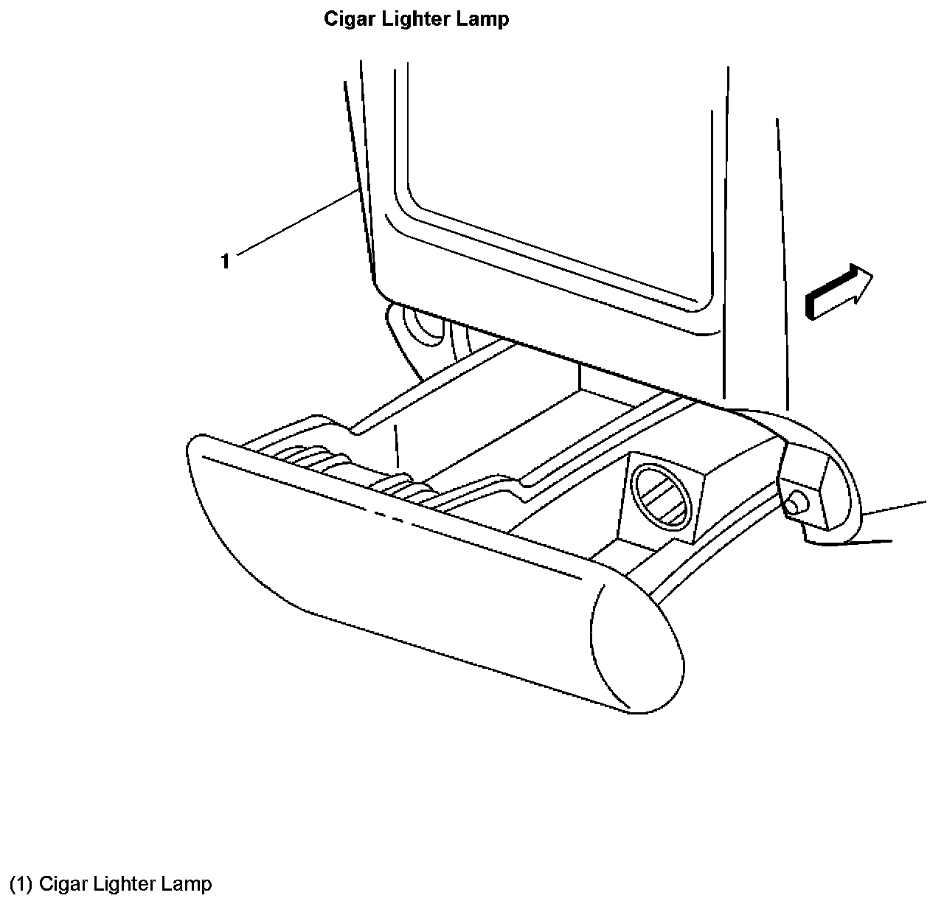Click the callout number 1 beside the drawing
(225, 261)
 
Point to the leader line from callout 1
(295, 221)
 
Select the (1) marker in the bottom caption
(21, 883)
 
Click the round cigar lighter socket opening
(662, 498)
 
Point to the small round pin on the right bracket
(796, 503)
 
